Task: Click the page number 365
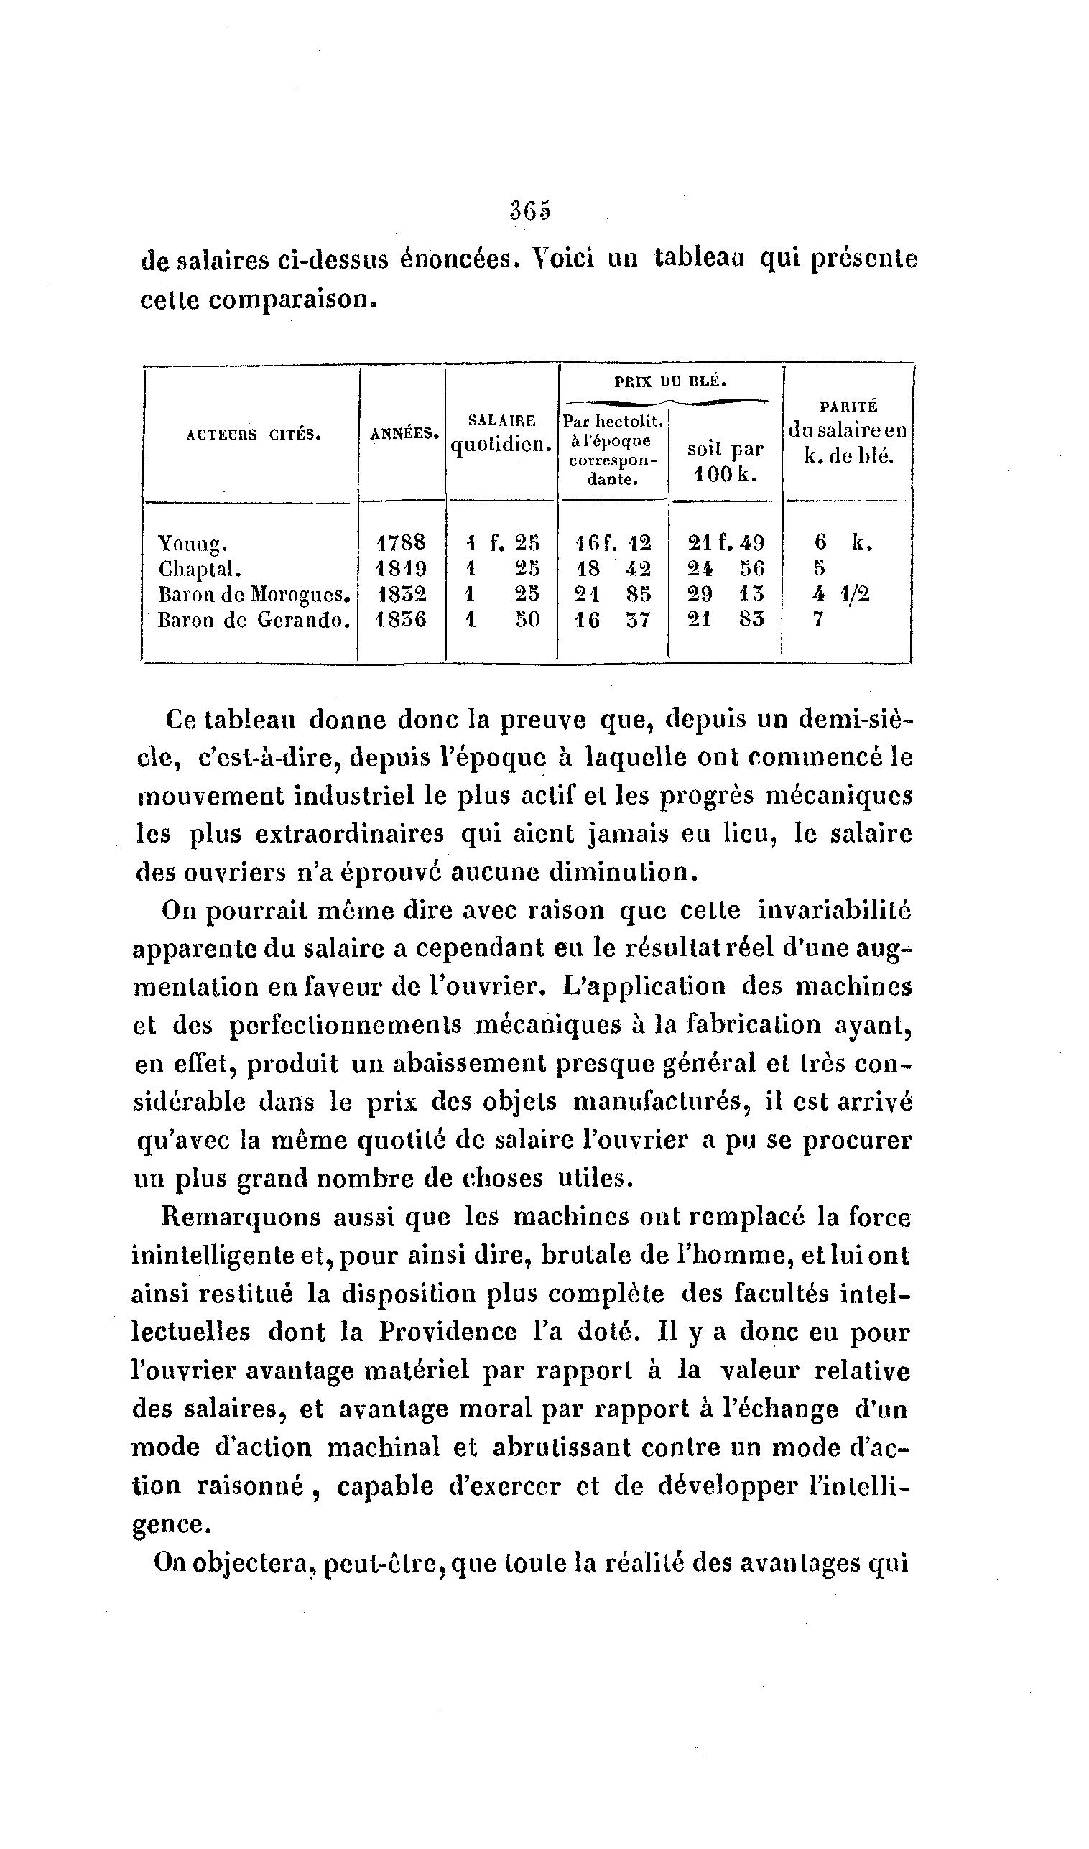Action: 530,210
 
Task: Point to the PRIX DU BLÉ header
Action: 671,381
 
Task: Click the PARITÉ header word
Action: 848,407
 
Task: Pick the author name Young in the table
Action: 193,544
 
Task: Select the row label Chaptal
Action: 200,570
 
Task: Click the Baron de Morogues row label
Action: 253,594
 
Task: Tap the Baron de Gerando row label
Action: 253,620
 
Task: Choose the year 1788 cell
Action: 402,543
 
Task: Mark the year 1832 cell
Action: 402,593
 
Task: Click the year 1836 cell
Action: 402,619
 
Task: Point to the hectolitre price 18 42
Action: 613,569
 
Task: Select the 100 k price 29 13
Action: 726,593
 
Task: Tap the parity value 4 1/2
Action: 842,593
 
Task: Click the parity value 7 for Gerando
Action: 819,619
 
